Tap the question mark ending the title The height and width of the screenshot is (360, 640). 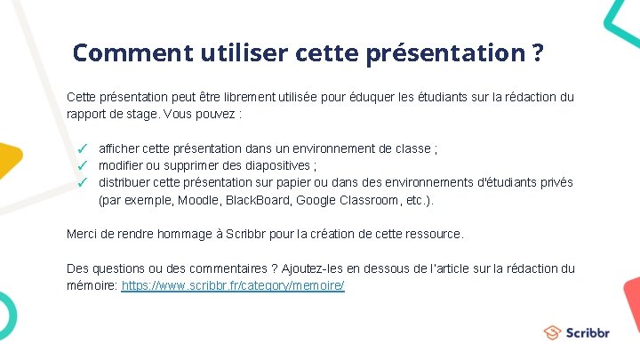coord(537,52)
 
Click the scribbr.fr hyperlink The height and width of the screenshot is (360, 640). coord(233,285)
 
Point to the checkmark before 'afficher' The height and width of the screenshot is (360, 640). coord(80,148)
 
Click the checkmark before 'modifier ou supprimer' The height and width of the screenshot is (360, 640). coord(80,165)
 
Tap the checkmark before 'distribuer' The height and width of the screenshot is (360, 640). coord(80,182)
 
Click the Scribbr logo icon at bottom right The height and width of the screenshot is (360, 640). coord(553,332)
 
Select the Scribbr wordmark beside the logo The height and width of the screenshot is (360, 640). coord(588,333)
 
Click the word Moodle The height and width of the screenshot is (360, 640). coord(198,200)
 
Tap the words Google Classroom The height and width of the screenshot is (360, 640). coord(339,200)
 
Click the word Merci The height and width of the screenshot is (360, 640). coord(83,234)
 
